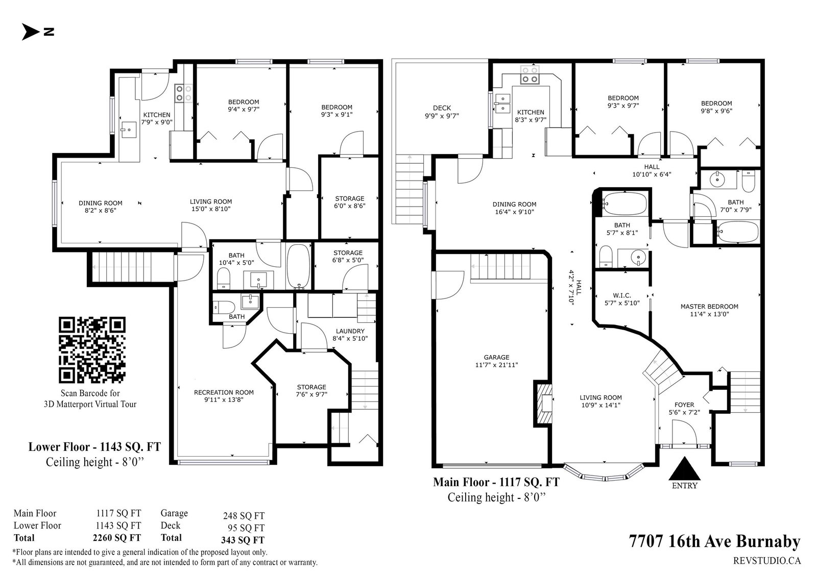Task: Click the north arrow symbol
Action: click(x=30, y=32)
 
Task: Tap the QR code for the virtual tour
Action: click(x=92, y=350)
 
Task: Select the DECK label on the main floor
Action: click(x=442, y=108)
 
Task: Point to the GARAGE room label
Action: click(x=496, y=357)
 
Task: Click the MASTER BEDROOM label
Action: click(x=709, y=307)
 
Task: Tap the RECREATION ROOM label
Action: click(x=224, y=392)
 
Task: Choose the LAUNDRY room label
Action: click(x=350, y=331)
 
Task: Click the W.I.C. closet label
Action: click(x=622, y=295)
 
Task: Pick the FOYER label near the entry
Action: click(x=684, y=405)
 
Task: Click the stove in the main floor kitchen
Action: click(x=530, y=74)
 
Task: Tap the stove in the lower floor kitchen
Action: click(x=183, y=92)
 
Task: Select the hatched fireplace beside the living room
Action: click(x=543, y=403)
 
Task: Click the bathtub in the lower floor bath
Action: click(x=298, y=266)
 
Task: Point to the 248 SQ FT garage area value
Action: click(x=244, y=516)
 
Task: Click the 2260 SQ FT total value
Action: click(x=117, y=538)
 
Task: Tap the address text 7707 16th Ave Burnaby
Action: click(x=714, y=541)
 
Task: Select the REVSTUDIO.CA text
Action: click(x=767, y=561)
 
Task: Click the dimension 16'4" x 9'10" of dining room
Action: click(x=514, y=211)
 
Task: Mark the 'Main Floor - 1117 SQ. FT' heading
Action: click(x=496, y=482)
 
